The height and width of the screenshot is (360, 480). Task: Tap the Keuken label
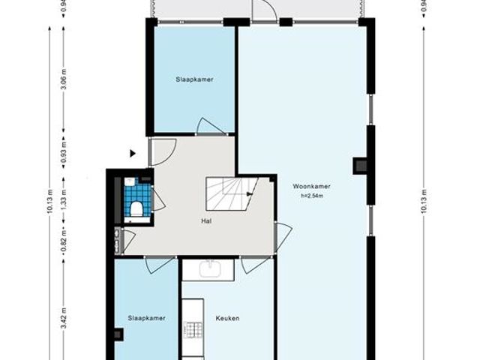227,318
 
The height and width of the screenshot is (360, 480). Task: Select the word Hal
205,221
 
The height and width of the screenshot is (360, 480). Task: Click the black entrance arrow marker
133,154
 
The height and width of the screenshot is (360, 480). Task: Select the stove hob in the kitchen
193,329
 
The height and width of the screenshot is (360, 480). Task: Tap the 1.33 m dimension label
64,199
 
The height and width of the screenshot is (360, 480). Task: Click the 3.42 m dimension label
64,307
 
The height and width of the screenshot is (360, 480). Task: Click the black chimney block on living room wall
360,165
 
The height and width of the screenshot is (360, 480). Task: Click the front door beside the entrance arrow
161,152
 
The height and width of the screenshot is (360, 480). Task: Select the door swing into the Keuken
254,262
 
